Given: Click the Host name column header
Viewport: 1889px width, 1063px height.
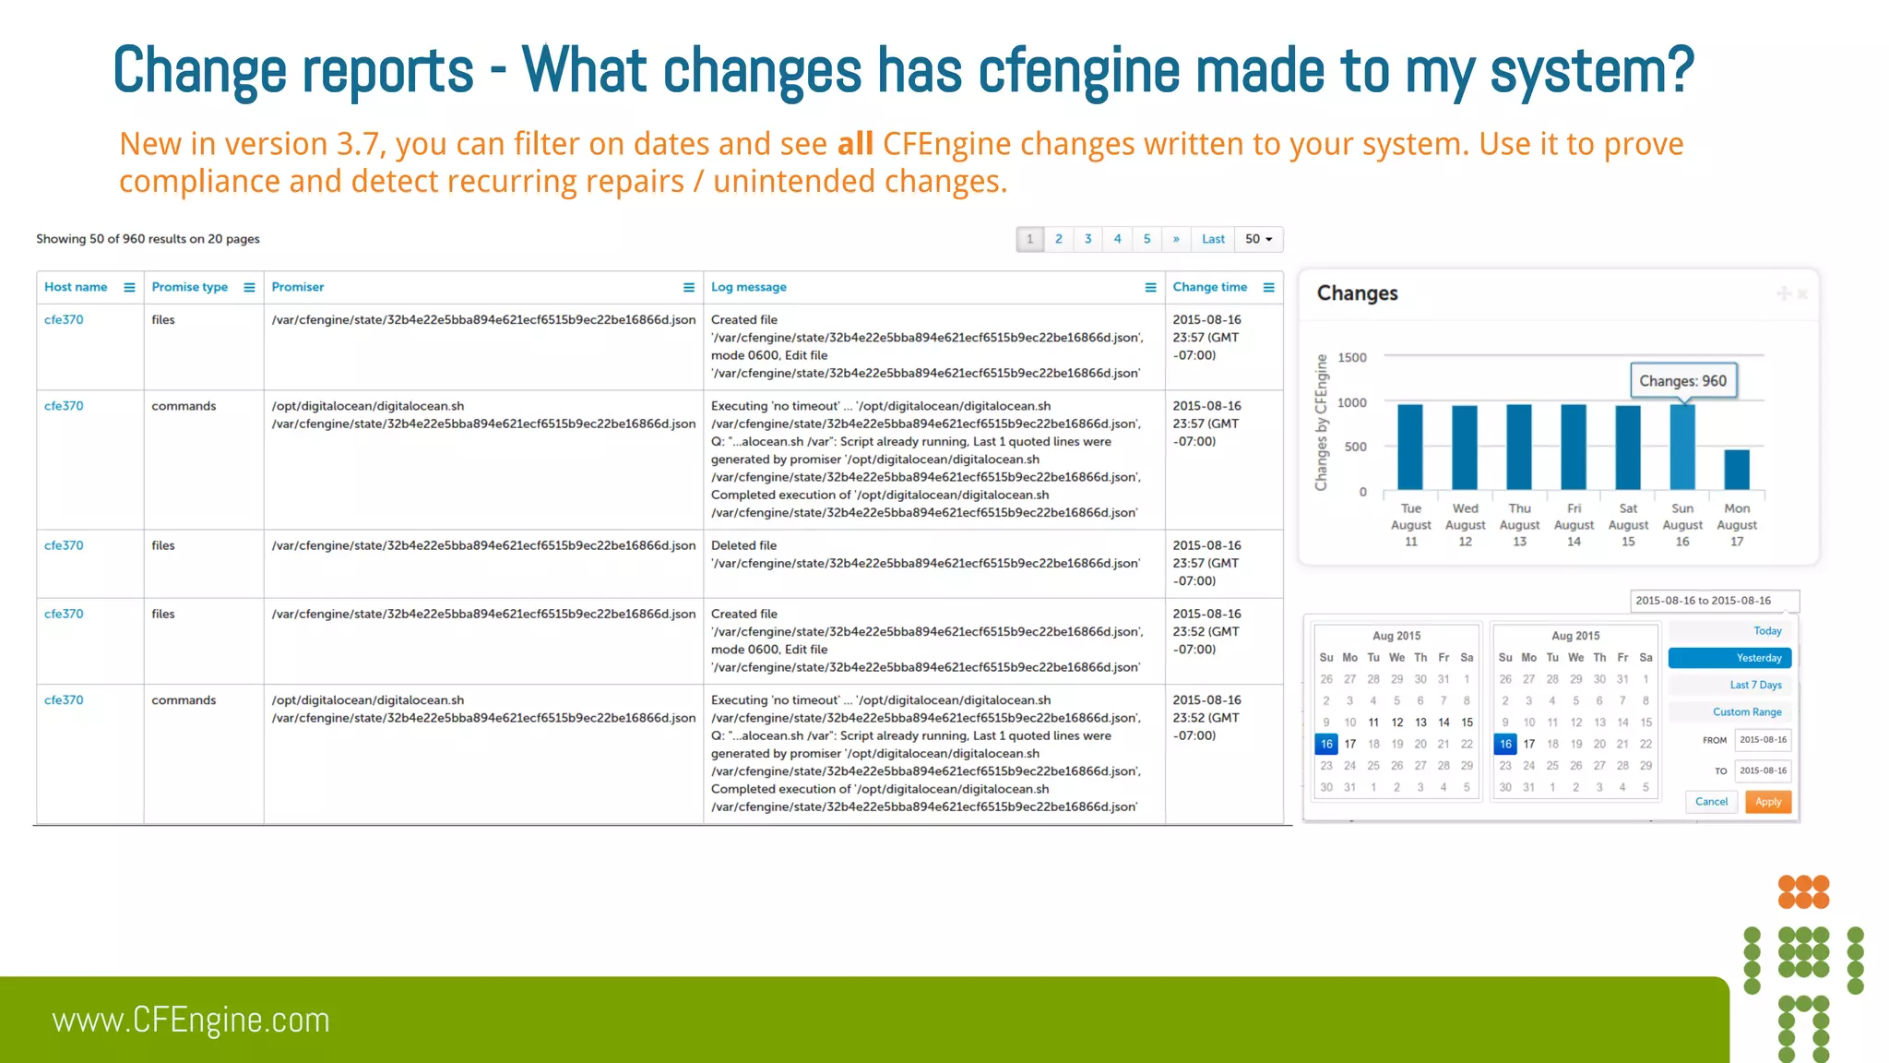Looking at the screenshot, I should click(x=76, y=287).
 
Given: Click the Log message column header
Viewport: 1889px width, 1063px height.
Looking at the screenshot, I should click(x=748, y=287).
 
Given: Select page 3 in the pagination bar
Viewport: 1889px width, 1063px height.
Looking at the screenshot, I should click(x=1087, y=239).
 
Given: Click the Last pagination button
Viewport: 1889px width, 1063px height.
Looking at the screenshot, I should click(x=1213, y=239).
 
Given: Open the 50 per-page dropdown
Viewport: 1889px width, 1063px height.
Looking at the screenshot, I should click(x=1258, y=239).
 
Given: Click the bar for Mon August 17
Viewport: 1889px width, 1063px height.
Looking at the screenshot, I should click(x=1737, y=470).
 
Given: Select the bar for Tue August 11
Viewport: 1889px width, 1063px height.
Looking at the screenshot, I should click(x=1410, y=447).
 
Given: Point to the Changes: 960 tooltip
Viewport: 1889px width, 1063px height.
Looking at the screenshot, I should click(x=1682, y=381).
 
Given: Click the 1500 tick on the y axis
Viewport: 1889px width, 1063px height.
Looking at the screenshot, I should click(x=1351, y=358).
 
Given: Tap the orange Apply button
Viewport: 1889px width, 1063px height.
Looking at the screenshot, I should click(x=1767, y=802).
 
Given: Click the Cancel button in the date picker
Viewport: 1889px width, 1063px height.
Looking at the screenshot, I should click(x=1711, y=802).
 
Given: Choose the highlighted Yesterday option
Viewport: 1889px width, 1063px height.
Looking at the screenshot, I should click(x=1729, y=658).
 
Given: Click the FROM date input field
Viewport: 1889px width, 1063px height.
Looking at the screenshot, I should click(x=1762, y=740).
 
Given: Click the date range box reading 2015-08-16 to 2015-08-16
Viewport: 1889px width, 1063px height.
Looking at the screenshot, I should click(x=1713, y=601).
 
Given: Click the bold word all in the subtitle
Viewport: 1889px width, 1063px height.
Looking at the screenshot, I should click(x=855, y=144).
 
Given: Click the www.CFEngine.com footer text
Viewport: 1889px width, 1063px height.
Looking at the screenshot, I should click(x=191, y=1021).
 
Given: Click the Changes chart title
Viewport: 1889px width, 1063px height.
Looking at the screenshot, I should click(x=1357, y=293).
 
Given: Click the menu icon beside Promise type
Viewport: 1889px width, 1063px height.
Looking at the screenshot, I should click(x=249, y=288).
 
